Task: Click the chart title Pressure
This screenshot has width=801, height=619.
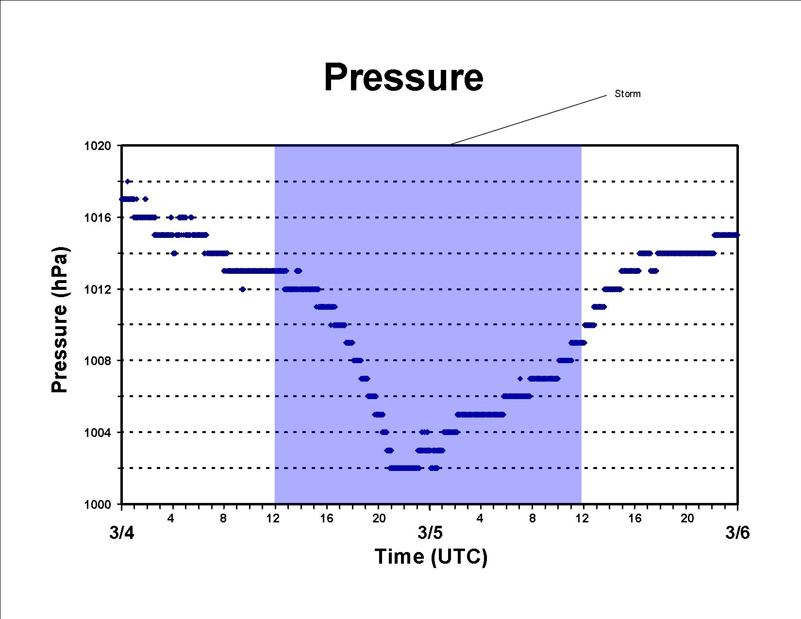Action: tap(403, 77)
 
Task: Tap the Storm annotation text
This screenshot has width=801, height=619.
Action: tap(627, 94)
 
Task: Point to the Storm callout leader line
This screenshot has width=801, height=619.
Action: tap(528, 120)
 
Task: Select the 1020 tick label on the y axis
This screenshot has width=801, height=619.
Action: tap(97, 146)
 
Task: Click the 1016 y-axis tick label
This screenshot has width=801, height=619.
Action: tap(97, 217)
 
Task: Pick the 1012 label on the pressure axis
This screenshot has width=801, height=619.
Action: tap(97, 289)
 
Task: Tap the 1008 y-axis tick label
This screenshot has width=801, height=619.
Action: tap(97, 360)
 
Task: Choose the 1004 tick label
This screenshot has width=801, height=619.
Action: tap(97, 432)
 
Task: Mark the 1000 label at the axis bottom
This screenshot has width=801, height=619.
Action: tap(97, 504)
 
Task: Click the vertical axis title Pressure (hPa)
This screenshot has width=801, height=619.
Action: tap(60, 319)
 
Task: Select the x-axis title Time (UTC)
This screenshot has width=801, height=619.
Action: tap(431, 556)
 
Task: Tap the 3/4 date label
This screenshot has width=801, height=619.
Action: tap(122, 533)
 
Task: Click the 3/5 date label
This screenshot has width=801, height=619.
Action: tap(430, 533)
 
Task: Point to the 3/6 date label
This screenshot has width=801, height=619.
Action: tap(737, 533)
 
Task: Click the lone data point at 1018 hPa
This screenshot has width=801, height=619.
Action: tap(128, 182)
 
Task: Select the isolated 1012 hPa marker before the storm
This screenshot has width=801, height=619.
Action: tap(243, 289)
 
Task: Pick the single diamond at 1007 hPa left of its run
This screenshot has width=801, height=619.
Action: tap(520, 379)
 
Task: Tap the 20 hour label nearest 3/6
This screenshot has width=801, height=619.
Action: tap(687, 519)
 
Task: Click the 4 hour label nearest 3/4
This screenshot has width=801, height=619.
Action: tap(170, 519)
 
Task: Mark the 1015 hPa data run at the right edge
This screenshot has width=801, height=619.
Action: tap(725, 235)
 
